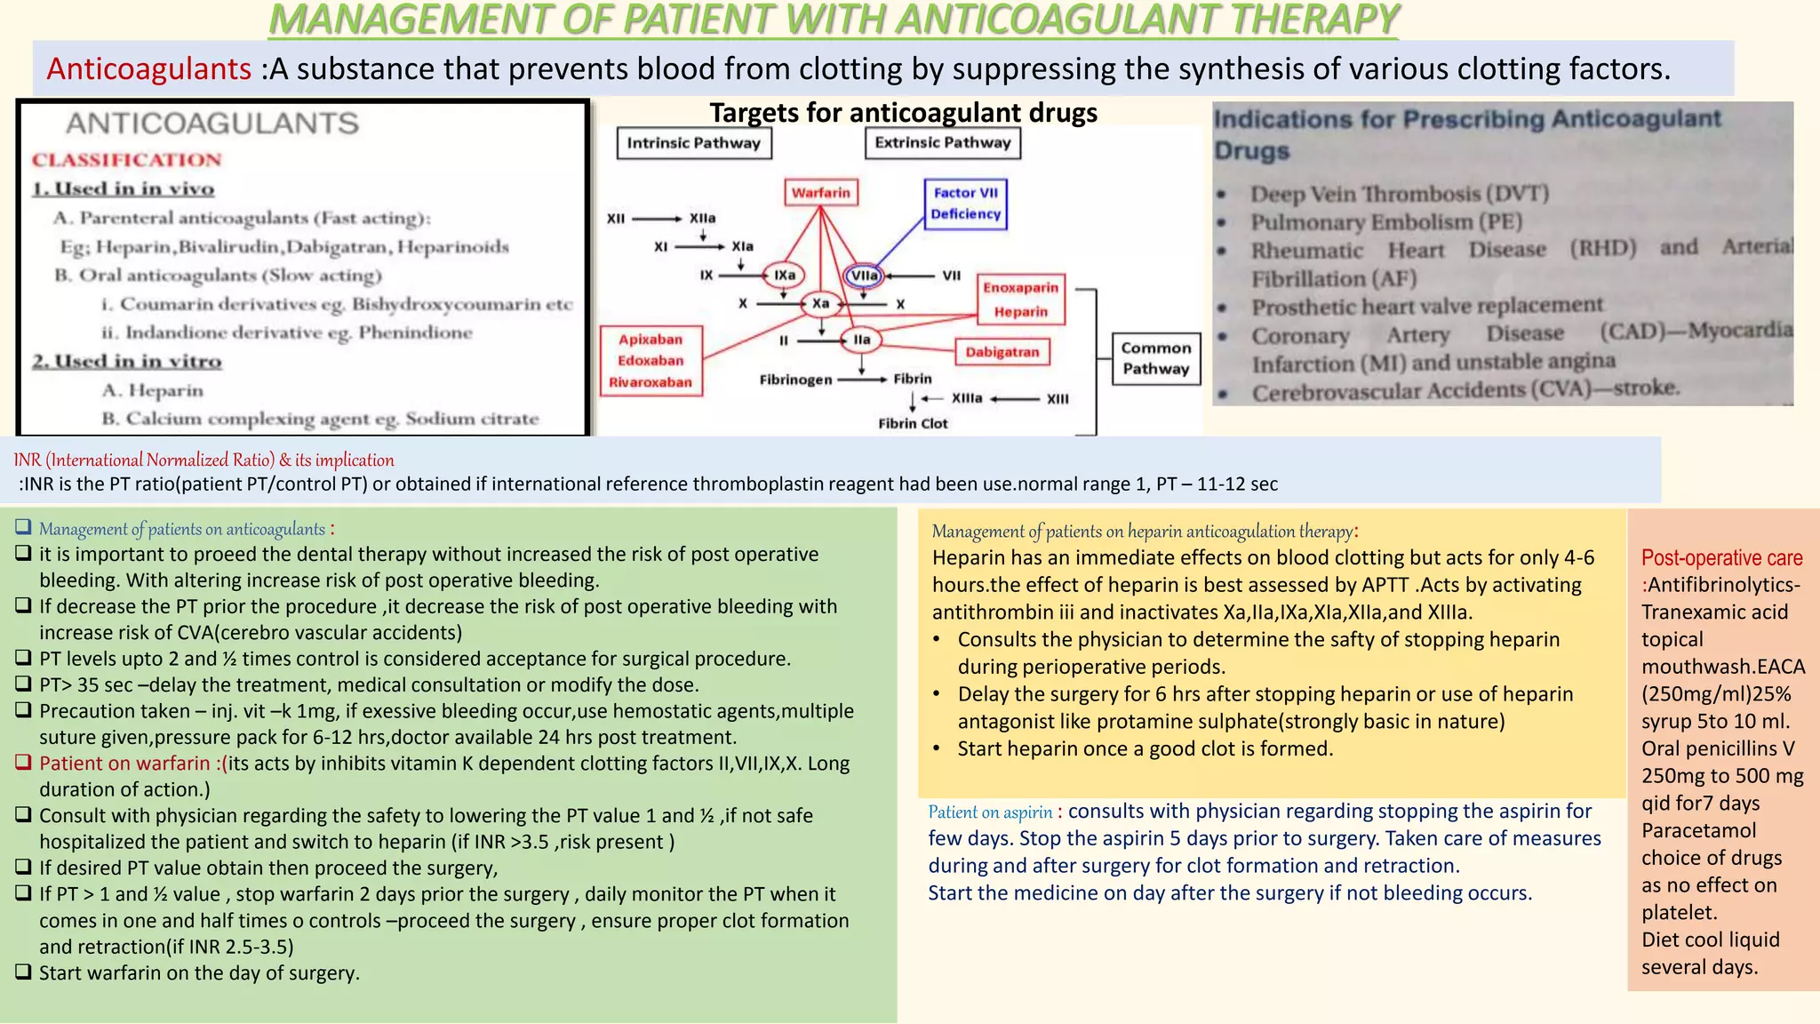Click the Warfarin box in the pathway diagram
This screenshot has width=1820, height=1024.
[x=821, y=193]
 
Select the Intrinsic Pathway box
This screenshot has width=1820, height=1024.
[x=693, y=143]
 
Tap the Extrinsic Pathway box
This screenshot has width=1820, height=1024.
[x=942, y=142]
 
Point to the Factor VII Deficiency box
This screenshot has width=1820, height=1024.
[x=965, y=204]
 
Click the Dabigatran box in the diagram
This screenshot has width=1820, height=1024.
[x=1002, y=352]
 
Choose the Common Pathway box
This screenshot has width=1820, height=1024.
[x=1155, y=358]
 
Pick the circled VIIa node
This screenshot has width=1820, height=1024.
[x=864, y=276]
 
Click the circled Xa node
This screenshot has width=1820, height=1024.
[x=820, y=304]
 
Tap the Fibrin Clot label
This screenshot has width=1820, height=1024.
[x=913, y=424]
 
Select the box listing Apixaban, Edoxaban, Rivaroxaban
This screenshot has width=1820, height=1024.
[x=651, y=361]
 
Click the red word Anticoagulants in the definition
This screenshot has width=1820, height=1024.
[x=149, y=68]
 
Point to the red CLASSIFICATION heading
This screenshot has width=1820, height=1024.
[x=126, y=160]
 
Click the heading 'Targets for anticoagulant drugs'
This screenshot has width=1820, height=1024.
[x=903, y=113]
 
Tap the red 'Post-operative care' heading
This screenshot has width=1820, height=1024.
[x=1721, y=558]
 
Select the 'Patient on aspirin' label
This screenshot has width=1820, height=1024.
[x=990, y=812]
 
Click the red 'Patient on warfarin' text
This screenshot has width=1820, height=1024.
[x=124, y=764]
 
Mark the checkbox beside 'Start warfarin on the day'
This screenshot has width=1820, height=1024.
[x=24, y=972]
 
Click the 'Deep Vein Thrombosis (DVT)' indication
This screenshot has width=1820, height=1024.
[x=1400, y=194]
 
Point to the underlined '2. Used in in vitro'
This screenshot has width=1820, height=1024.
[x=127, y=362]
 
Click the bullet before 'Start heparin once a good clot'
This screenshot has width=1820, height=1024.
[x=938, y=749]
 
